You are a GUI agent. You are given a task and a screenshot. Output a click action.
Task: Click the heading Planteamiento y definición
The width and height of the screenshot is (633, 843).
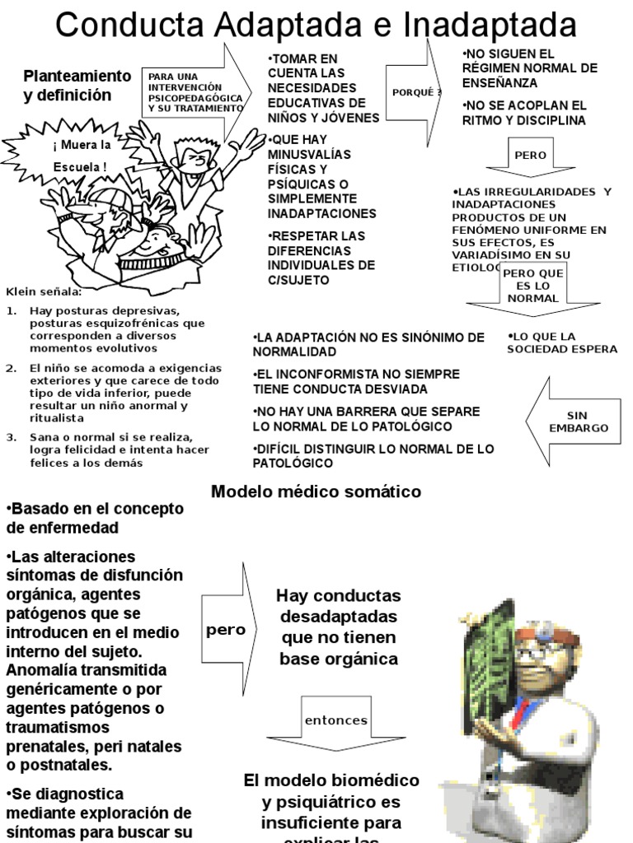click(78, 86)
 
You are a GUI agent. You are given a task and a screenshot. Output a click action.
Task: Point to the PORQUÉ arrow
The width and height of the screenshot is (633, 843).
click(417, 92)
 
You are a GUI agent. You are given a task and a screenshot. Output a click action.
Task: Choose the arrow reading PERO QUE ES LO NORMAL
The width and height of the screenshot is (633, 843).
click(533, 287)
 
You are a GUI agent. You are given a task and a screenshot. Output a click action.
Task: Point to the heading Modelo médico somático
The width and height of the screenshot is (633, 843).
click(316, 491)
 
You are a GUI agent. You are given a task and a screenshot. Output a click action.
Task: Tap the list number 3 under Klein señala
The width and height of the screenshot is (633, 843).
click(12, 436)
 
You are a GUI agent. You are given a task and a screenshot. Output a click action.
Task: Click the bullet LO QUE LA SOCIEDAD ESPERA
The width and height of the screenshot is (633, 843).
click(563, 342)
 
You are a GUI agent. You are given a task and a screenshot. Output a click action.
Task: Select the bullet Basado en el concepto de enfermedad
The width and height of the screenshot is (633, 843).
click(95, 518)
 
